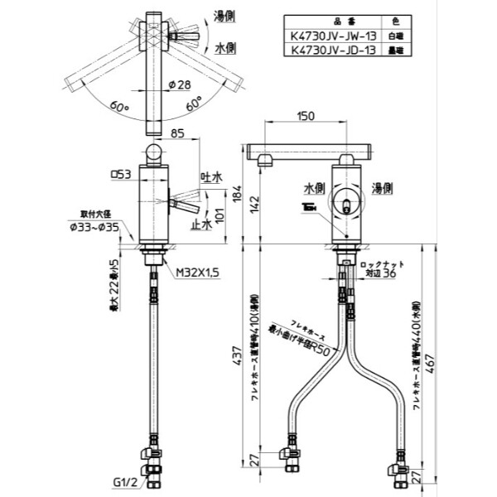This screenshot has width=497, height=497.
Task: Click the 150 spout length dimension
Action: (305, 117)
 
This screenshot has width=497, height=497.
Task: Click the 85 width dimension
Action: (176, 131)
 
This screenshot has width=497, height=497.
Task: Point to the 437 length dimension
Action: (238, 358)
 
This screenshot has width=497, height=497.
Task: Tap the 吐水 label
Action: (211, 176)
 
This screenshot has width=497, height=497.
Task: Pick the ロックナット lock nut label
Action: (379, 263)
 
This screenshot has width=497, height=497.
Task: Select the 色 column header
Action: (396, 22)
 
